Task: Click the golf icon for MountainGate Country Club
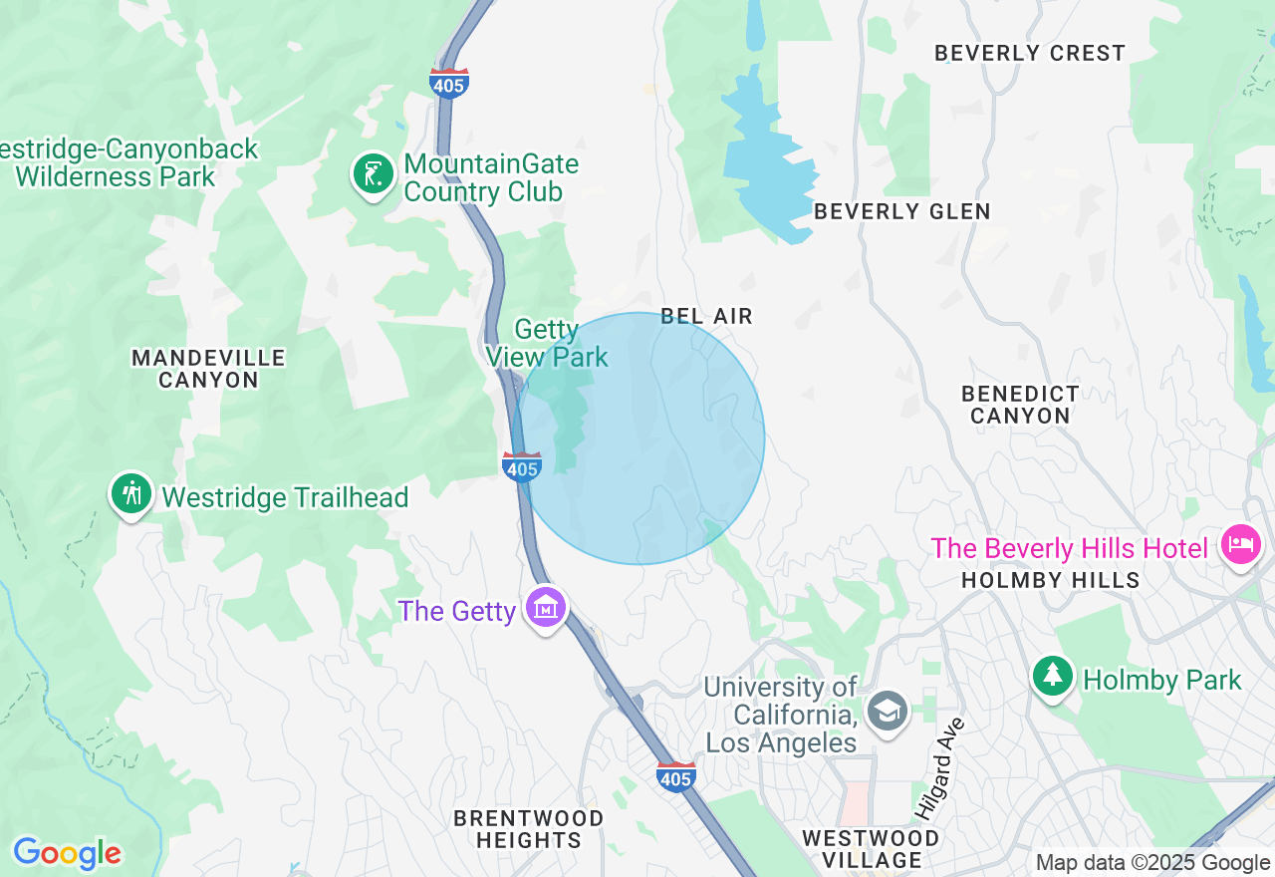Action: point(374,174)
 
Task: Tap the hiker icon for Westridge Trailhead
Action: point(130,493)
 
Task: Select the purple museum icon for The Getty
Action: point(546,607)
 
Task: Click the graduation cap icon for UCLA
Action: point(886,711)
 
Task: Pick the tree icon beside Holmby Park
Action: point(1052,677)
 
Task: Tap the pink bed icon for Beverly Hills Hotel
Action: point(1241,544)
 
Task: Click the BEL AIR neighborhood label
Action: point(707,316)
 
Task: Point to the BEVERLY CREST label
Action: point(1029,53)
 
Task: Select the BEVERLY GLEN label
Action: point(901,211)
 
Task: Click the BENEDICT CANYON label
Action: point(1020,405)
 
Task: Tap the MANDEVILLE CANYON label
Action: point(208,368)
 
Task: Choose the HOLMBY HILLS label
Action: point(1050,580)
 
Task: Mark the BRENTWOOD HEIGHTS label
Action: point(528,829)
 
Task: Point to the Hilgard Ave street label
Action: point(938,768)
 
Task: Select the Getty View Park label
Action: point(547,343)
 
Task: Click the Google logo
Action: point(67,853)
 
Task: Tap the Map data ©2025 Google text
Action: point(1152,863)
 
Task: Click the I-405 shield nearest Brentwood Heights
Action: point(675,775)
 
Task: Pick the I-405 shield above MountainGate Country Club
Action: point(448,83)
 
